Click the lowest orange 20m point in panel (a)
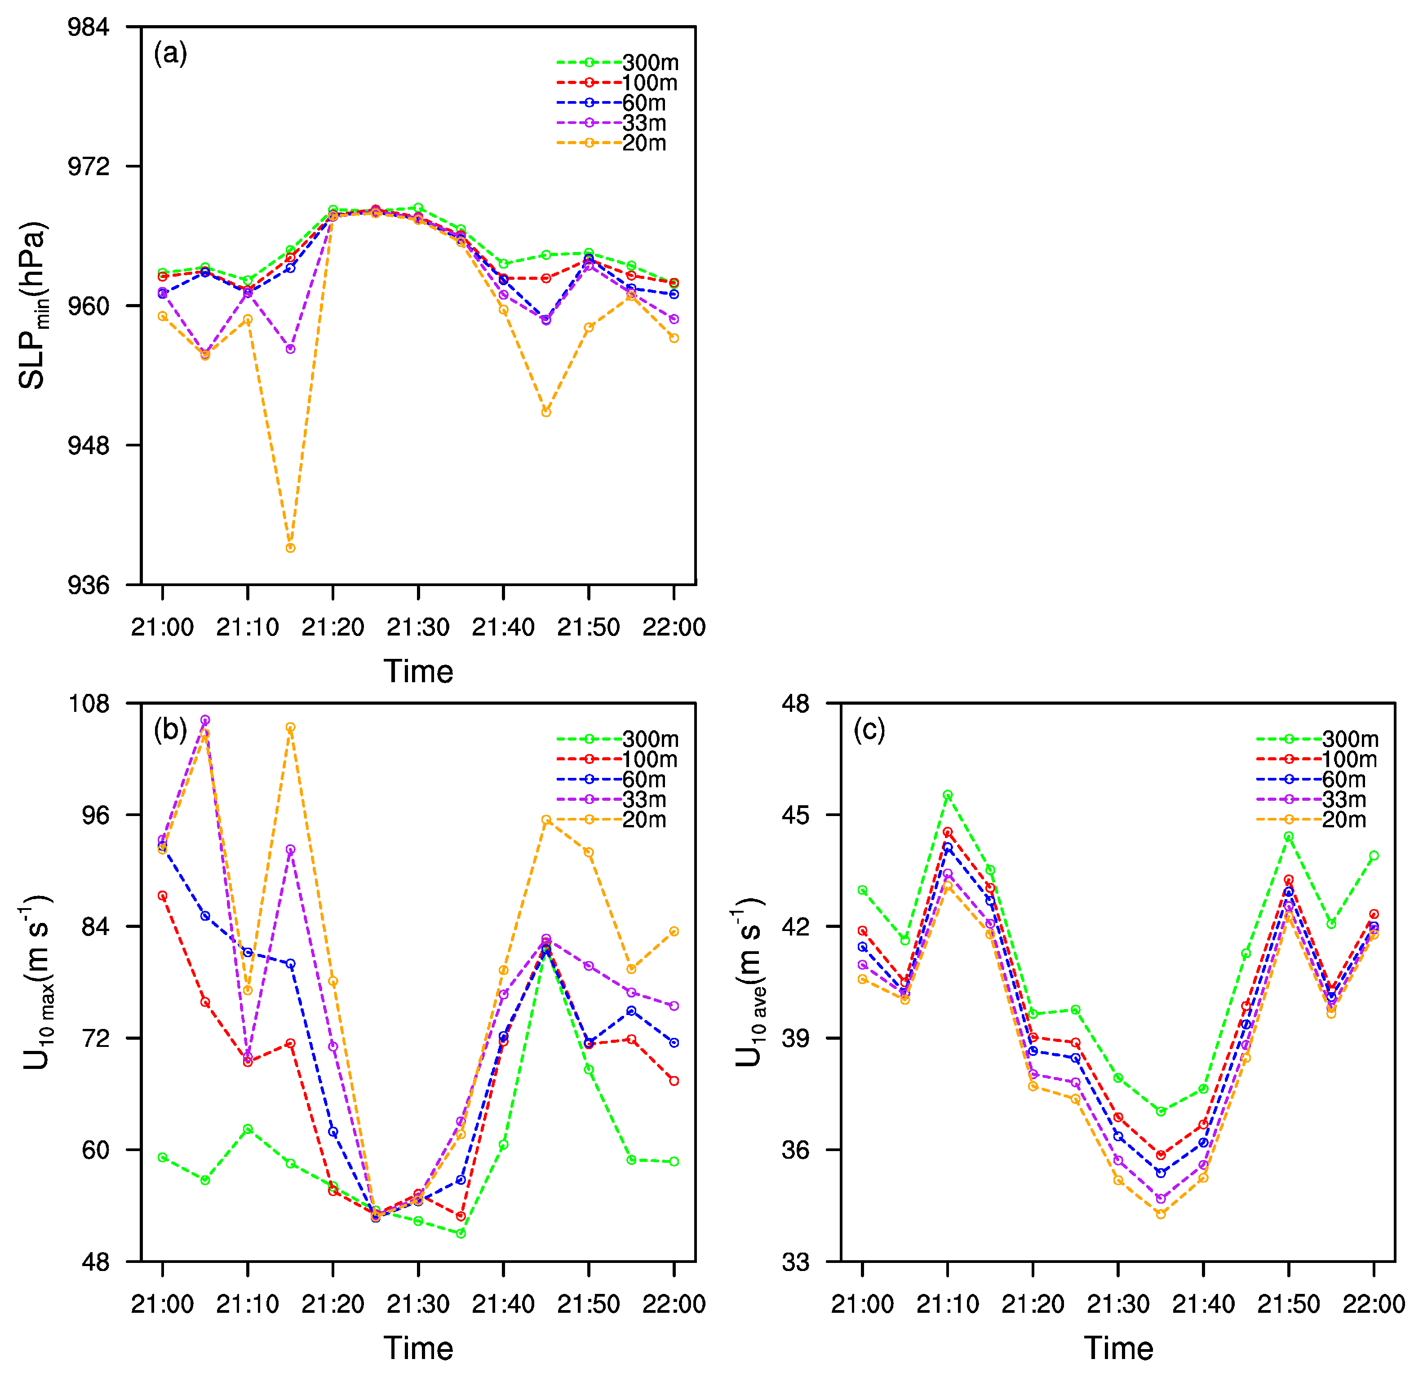[x=290, y=548]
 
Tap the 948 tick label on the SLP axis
[x=88, y=445]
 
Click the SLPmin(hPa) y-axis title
[x=33, y=305]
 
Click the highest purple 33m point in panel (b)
[x=205, y=720]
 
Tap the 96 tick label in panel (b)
[x=94, y=814]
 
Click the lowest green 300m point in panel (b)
[x=461, y=1233]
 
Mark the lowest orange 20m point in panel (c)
[x=1161, y=1214]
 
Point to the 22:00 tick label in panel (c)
[x=1374, y=1304]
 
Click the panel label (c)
[x=869, y=729]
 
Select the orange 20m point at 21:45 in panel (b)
[x=546, y=820]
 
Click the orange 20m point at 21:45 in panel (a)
[x=546, y=412]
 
